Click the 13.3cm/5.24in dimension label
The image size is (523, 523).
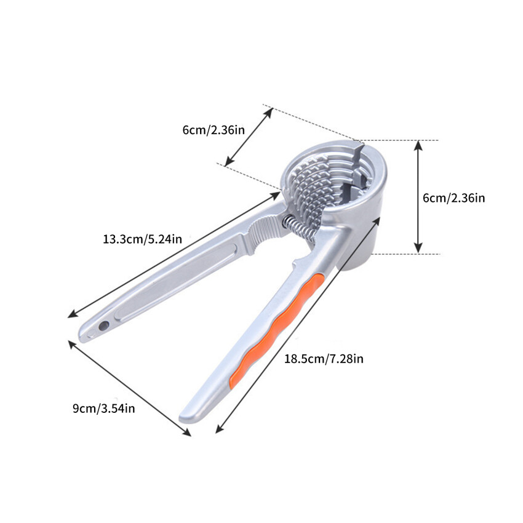coord(142,239)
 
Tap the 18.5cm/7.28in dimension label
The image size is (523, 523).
coord(324,359)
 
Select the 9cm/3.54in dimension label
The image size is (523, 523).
coord(104,409)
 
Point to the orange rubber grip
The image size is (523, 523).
coord(276,330)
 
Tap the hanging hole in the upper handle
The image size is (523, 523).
coord(104,325)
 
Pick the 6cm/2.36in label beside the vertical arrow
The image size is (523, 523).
coord(453,198)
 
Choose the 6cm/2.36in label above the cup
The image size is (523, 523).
coord(214,130)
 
